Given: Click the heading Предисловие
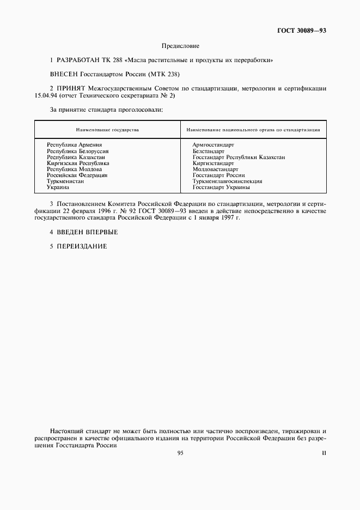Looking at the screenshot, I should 180,46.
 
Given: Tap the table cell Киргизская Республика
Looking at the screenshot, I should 78,163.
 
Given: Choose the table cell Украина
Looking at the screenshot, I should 58,187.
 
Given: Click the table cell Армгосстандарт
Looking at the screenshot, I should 213,145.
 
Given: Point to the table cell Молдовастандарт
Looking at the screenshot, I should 215,169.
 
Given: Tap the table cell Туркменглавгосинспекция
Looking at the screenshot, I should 227,181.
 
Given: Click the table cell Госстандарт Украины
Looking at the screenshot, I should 221,187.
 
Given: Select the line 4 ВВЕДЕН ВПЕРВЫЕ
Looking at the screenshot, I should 83,232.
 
